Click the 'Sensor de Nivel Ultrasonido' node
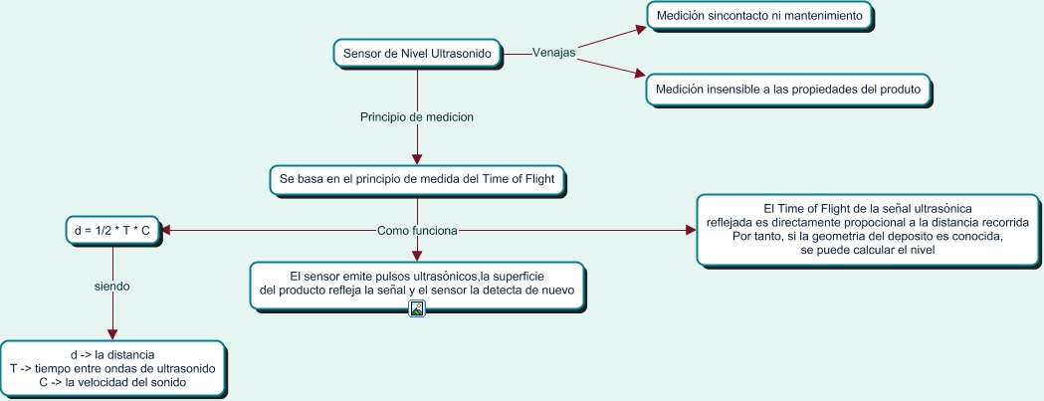coord(416,53)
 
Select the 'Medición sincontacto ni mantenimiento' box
coord(761,16)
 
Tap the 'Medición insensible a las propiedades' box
coord(788,89)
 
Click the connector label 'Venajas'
coord(554,52)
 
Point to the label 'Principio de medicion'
coord(416,116)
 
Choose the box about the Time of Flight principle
coord(418,180)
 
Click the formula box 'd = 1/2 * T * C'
coord(111,231)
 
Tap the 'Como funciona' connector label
coord(417,231)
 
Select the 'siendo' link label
coord(111,286)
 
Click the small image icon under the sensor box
coord(418,308)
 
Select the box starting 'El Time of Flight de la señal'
coord(867,229)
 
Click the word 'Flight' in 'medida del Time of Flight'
coord(546,180)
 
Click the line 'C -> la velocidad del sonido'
coord(112,381)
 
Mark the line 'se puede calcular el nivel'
coord(867,250)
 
